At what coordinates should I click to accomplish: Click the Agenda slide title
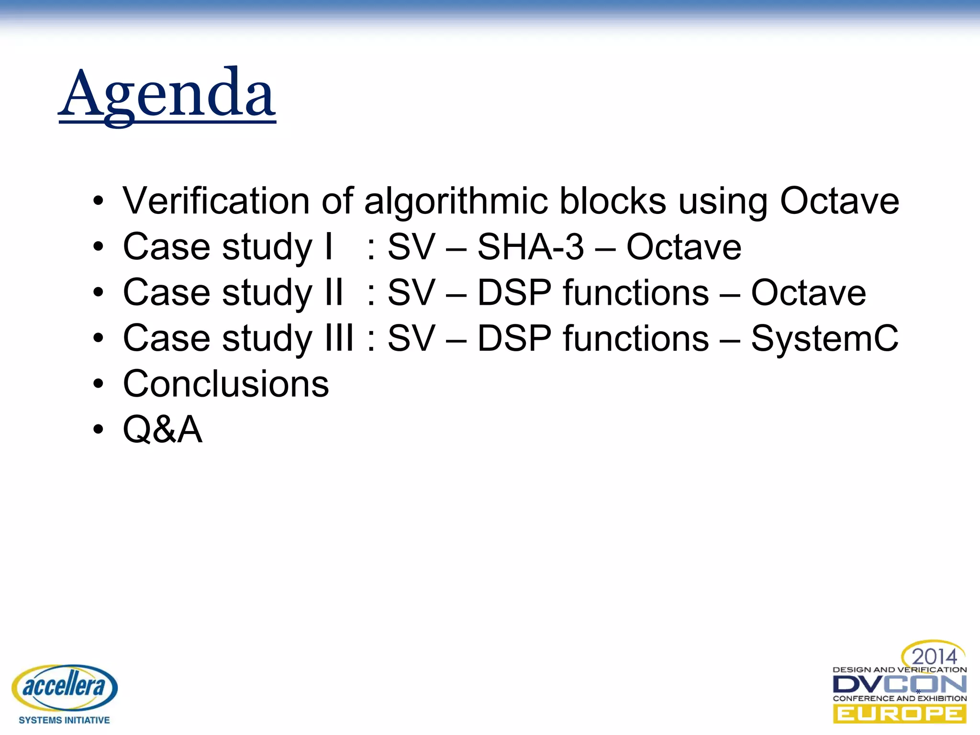coord(167,93)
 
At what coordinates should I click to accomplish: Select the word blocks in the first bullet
coord(612,201)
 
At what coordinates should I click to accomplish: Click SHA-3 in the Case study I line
coord(531,247)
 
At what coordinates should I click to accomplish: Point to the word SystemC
coord(824,338)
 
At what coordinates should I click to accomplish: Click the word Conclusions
coord(226,384)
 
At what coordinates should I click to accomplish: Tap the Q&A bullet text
coord(163,429)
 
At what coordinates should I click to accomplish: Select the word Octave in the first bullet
coord(839,201)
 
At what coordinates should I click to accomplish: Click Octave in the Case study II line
coord(808,293)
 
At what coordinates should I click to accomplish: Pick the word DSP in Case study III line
coord(514,338)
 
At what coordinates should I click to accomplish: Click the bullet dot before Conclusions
coord(98,384)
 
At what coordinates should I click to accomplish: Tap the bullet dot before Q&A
coord(98,429)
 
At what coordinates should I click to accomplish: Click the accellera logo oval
coord(64,687)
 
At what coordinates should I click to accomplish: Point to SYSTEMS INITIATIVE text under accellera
coord(64,720)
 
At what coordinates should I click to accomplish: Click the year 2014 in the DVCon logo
coord(934,657)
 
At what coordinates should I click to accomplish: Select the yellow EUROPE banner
coord(899,714)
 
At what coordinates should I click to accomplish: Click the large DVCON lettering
coord(899,684)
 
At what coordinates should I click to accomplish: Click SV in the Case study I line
coord(411,247)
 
